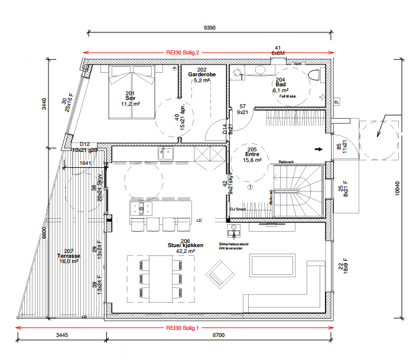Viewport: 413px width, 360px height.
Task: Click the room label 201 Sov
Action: pyautogui.click(x=130, y=98)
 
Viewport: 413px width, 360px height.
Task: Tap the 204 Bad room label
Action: pyautogui.click(x=280, y=86)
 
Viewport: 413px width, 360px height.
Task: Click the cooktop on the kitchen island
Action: pyautogui.click(x=142, y=208)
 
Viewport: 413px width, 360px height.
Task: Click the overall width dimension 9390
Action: pyautogui.click(x=209, y=28)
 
